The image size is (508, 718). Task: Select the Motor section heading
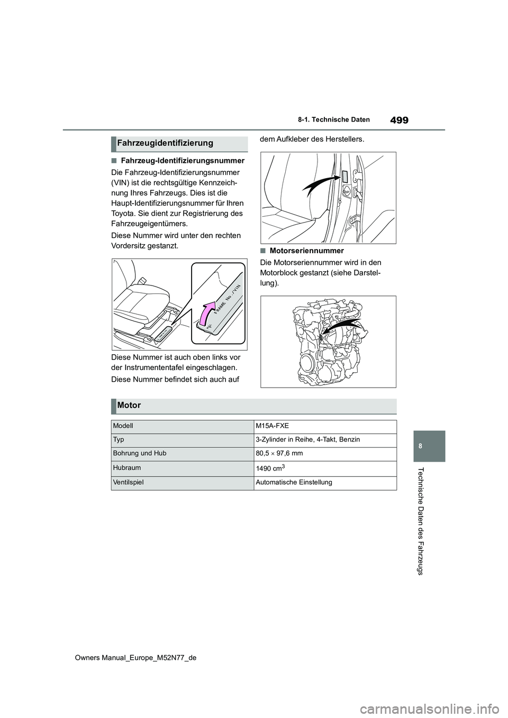point(129,406)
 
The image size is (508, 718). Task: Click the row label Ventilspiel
point(128,482)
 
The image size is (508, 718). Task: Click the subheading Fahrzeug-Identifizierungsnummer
point(182,161)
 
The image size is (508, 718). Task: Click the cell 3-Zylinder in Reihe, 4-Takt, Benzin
point(307,440)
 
